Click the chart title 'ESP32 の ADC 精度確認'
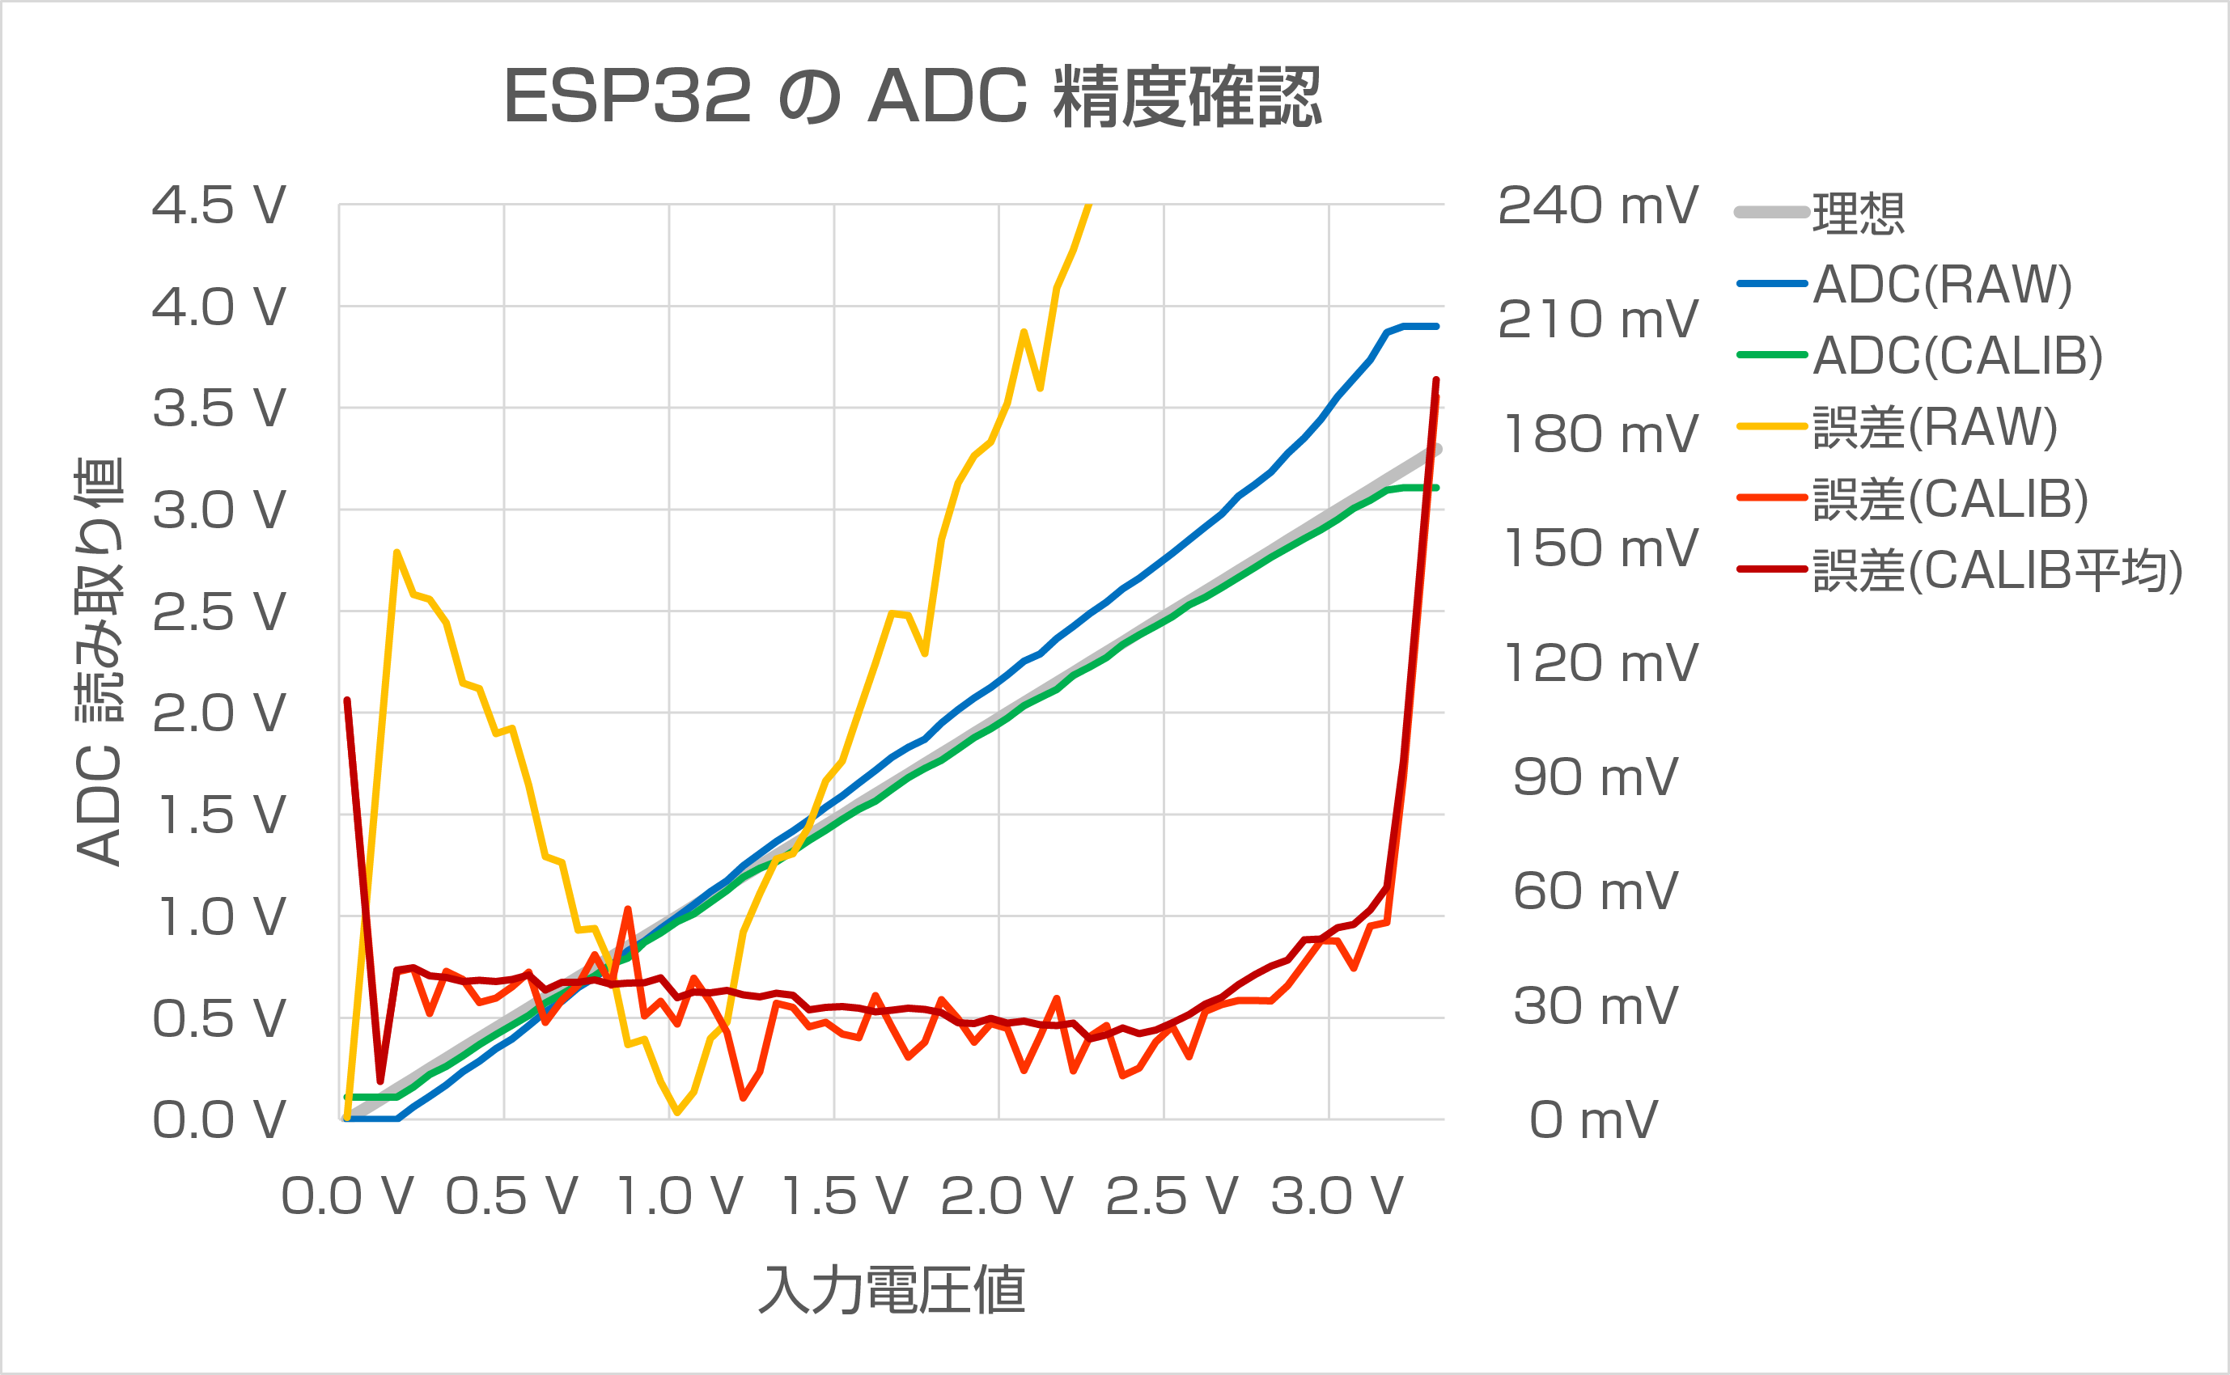[x=911, y=96]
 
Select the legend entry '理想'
[x=1857, y=214]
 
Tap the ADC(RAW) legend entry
[x=1941, y=285]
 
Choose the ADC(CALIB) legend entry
[x=1957, y=356]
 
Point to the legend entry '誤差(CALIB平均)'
[x=1996, y=571]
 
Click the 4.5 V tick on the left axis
[x=218, y=205]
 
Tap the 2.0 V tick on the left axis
[x=218, y=714]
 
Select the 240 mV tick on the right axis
[x=1597, y=205]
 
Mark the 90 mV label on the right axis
[x=1595, y=777]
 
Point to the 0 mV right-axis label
[x=1593, y=1119]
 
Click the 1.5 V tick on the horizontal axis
[x=845, y=1196]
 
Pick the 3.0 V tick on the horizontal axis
[x=1337, y=1196]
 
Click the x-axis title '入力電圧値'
[x=892, y=1289]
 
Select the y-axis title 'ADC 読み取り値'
[x=98, y=661]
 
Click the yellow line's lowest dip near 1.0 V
[x=676, y=1112]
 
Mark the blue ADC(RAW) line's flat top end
[x=1421, y=326]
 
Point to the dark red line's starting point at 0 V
[x=347, y=700]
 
